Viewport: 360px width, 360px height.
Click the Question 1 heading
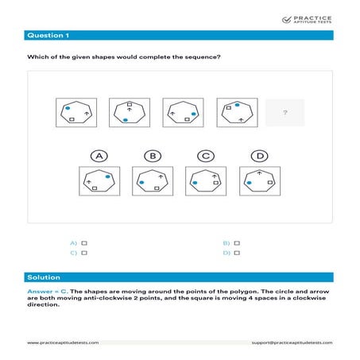[x=48, y=36]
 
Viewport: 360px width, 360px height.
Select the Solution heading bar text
[x=41, y=277]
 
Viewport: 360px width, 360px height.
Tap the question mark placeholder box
[x=284, y=113]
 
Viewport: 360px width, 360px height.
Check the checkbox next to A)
[x=84, y=242]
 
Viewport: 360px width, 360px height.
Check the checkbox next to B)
[x=237, y=242]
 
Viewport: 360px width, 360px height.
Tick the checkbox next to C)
[x=84, y=253]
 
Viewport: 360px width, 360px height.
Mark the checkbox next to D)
[x=237, y=253]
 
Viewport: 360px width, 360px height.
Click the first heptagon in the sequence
[x=76, y=113]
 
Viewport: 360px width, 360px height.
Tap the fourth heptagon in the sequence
[x=235, y=113]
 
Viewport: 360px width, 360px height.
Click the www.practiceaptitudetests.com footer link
[x=63, y=343]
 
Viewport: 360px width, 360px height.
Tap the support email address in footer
[x=291, y=343]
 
